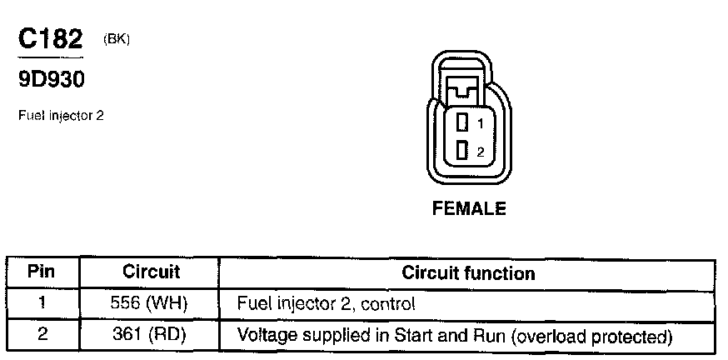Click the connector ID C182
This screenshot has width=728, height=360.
[50, 39]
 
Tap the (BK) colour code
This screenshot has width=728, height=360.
[117, 38]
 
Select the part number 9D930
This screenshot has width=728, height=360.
[50, 80]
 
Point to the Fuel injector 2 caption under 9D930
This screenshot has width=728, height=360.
[60, 116]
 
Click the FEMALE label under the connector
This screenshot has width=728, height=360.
[469, 209]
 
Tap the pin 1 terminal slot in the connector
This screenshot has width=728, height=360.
[463, 123]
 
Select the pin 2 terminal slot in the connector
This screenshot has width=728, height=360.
[463, 151]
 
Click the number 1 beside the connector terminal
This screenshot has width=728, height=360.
[480, 124]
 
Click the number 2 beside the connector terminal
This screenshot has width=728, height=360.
[480, 152]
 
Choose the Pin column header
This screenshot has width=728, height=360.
[42, 272]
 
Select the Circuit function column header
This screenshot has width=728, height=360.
[468, 272]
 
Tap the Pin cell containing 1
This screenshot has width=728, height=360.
[42, 303]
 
